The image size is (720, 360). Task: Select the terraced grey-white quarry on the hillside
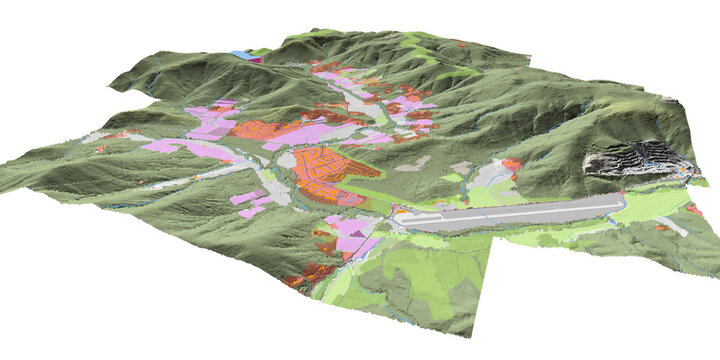636,158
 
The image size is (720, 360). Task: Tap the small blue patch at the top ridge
240,54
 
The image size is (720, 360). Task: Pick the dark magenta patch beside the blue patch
255,59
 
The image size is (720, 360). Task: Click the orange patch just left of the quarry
512,163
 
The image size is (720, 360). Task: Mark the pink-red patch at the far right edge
694,209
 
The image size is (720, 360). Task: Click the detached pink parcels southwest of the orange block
250,204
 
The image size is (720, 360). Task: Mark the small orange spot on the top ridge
463,45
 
